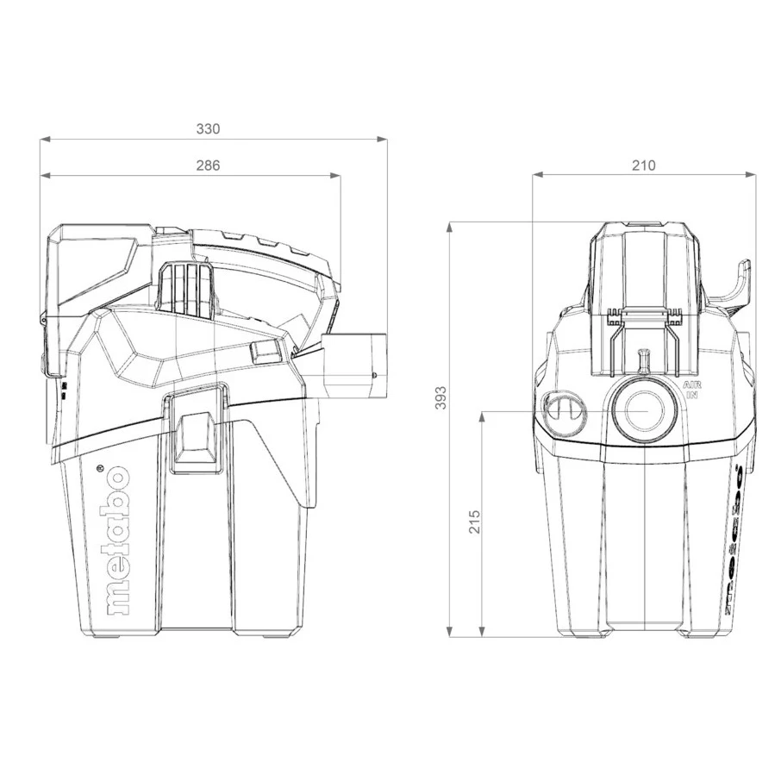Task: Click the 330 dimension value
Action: (x=208, y=128)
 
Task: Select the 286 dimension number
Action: (x=208, y=166)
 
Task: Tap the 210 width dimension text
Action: (x=643, y=166)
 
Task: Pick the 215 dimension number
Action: (x=474, y=522)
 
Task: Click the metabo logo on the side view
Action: (x=116, y=540)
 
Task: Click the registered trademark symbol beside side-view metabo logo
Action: (x=100, y=469)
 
